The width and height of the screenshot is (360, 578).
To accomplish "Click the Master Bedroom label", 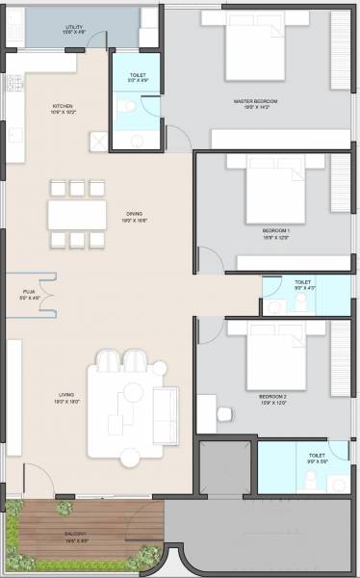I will (254, 100).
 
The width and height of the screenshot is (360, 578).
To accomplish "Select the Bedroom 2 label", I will (274, 396).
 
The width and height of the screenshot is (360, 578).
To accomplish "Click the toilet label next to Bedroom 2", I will (316, 457).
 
